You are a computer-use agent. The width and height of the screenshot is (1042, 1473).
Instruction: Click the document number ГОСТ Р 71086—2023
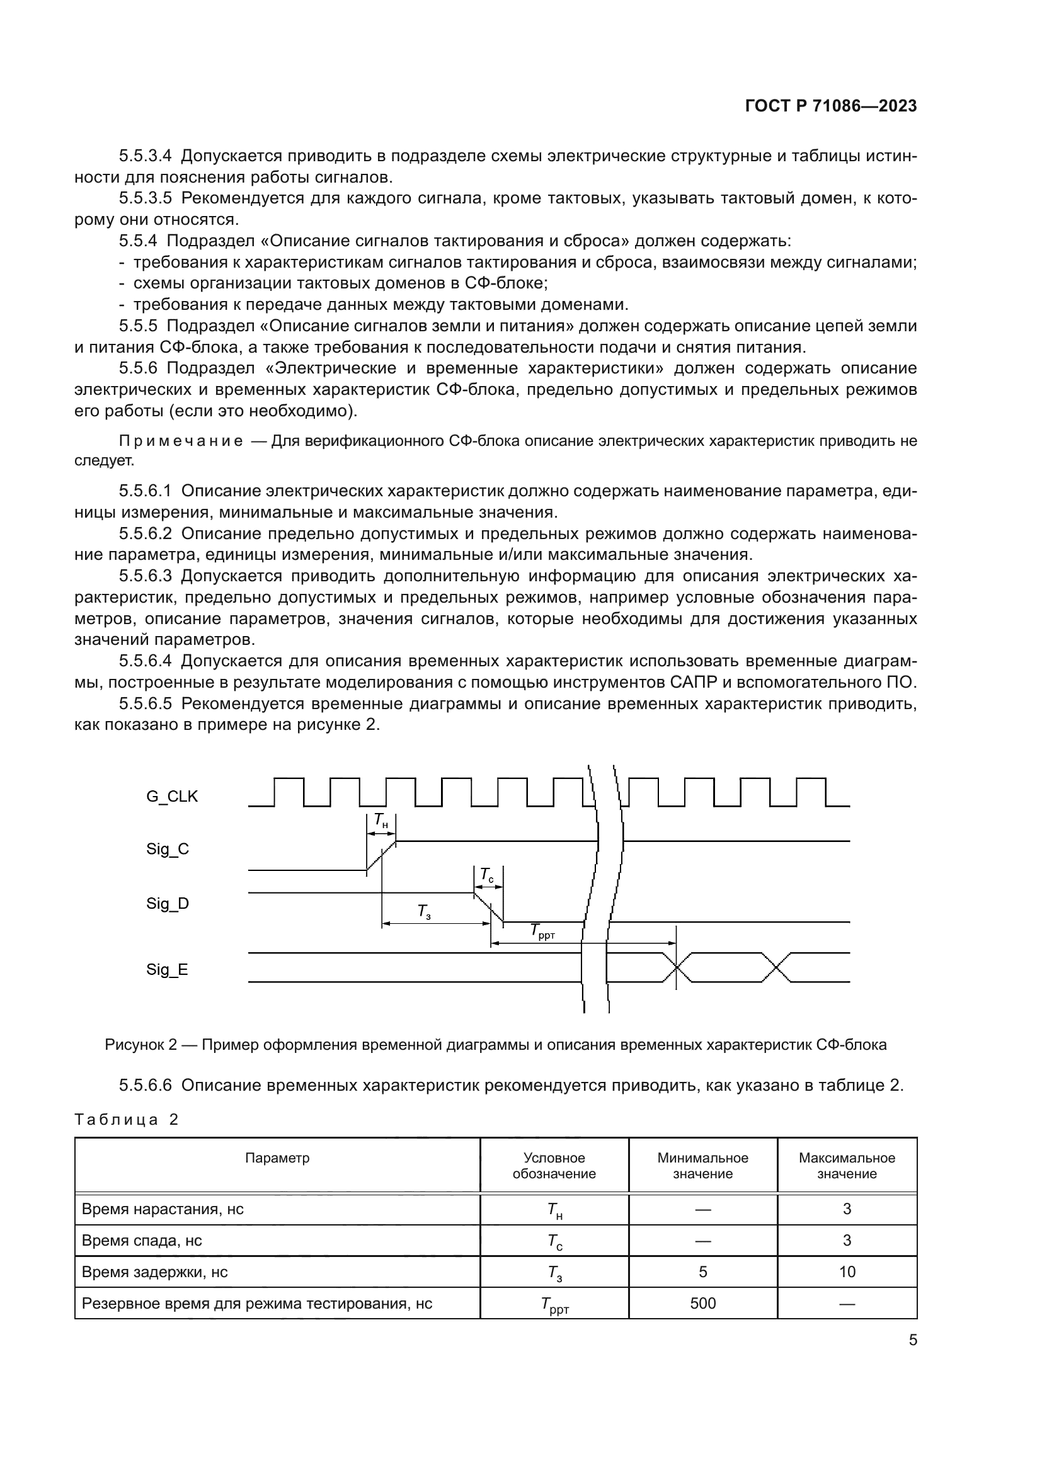[x=831, y=106]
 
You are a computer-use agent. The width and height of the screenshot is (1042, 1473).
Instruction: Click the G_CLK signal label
[x=172, y=797]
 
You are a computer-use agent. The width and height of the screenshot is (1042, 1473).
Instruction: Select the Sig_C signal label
[x=168, y=850]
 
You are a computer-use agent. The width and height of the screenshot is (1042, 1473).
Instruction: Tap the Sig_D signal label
[x=168, y=904]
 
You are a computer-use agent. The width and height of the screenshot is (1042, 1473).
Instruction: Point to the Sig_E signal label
[x=167, y=969]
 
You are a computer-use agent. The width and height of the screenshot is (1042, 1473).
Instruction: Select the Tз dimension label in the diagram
[x=424, y=911]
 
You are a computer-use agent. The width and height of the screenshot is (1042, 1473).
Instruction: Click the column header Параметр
[x=277, y=1158]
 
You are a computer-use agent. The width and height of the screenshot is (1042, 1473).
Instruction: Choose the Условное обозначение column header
[x=554, y=1166]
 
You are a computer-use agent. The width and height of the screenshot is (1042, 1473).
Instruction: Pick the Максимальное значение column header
[x=846, y=1166]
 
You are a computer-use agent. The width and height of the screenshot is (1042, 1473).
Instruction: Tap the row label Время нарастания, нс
[x=163, y=1209]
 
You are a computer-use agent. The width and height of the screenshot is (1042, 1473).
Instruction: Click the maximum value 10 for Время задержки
[x=847, y=1272]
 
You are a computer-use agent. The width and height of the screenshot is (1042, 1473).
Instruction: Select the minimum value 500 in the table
[x=702, y=1304]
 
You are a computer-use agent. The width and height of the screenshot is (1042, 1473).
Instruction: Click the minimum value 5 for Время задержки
[x=702, y=1272]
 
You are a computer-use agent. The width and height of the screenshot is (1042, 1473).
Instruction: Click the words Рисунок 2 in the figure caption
[x=140, y=1045]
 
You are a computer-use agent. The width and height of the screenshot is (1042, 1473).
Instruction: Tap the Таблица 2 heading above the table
[x=126, y=1120]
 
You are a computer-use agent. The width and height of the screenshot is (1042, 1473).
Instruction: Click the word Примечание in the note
[x=181, y=441]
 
